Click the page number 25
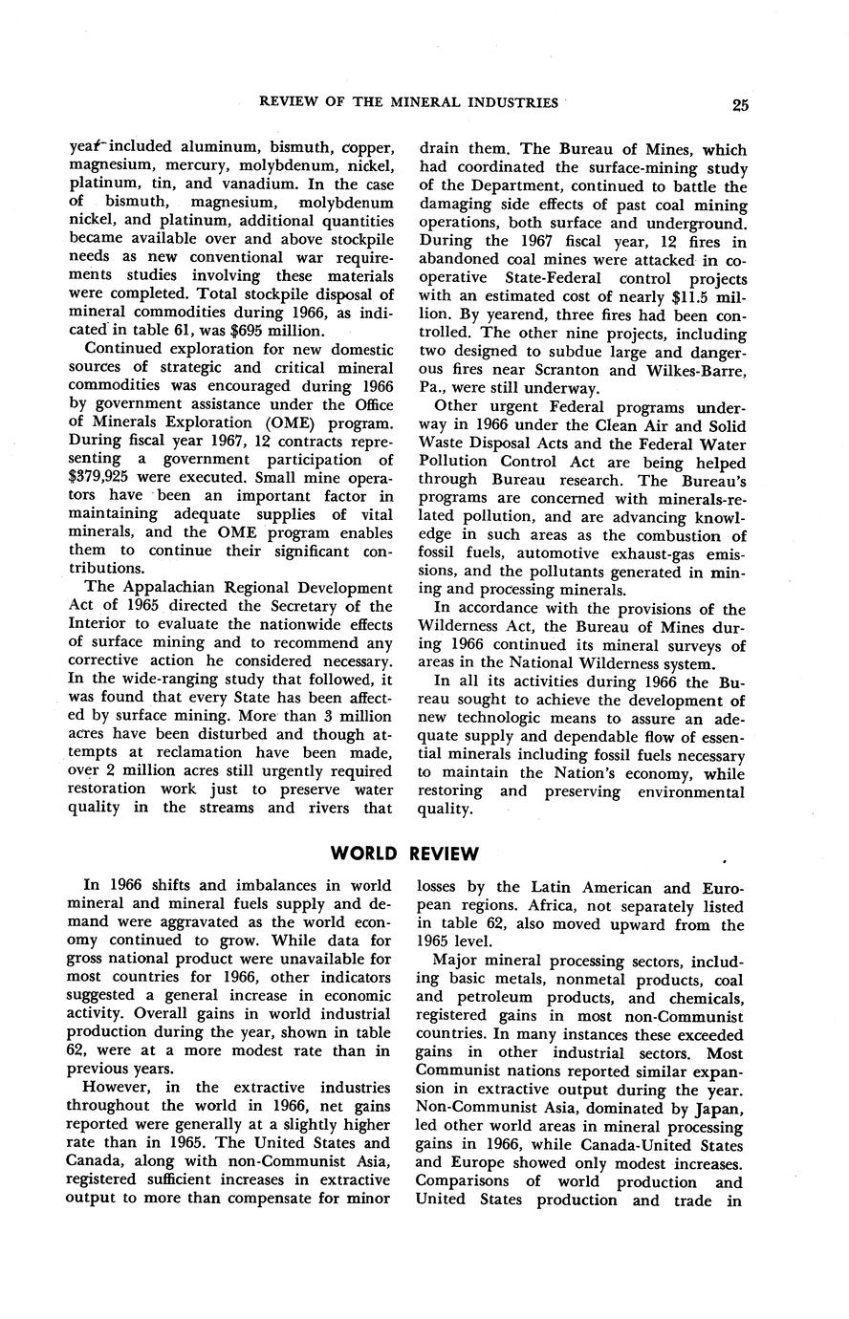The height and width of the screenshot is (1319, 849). tap(740, 104)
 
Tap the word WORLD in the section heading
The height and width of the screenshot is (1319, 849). tap(363, 853)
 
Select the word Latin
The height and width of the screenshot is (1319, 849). tap(544, 888)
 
